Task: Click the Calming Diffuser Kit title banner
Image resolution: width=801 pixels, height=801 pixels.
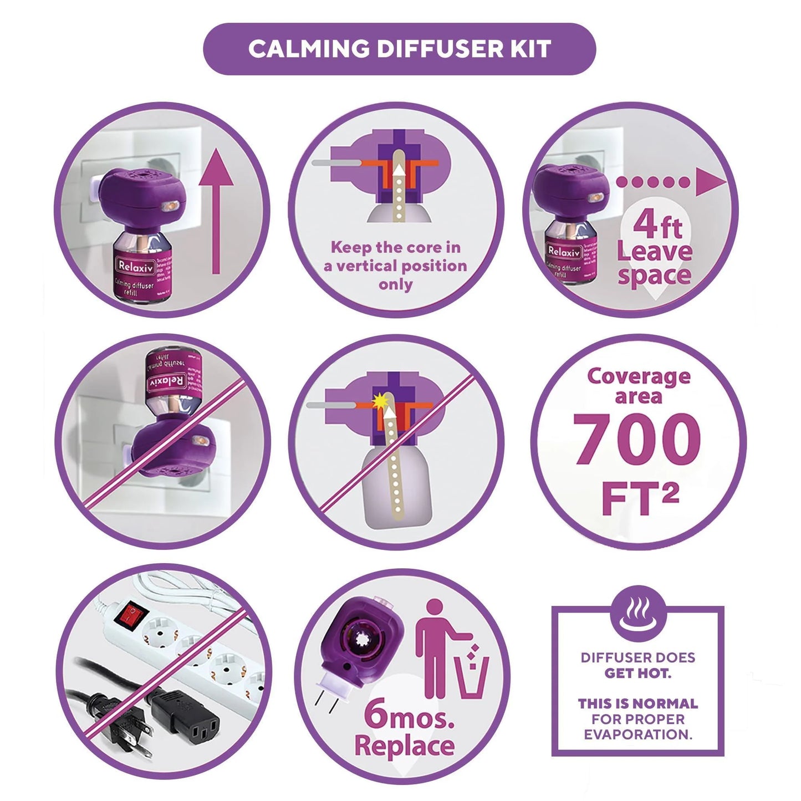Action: [399, 49]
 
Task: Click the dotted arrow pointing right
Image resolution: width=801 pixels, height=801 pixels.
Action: [671, 182]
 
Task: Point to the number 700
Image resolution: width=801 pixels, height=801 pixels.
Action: [637, 440]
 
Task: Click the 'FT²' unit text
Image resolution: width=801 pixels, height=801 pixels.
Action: [640, 499]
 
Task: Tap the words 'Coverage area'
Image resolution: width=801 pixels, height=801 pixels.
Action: [639, 385]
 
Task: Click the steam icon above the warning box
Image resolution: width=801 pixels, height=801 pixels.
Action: [637, 616]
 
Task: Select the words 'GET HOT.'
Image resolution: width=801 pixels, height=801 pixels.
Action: [637, 674]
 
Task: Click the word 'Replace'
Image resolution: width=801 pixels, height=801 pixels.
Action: [404, 746]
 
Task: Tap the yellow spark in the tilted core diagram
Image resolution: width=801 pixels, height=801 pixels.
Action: [380, 399]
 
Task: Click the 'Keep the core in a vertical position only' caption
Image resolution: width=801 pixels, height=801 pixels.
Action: [395, 266]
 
